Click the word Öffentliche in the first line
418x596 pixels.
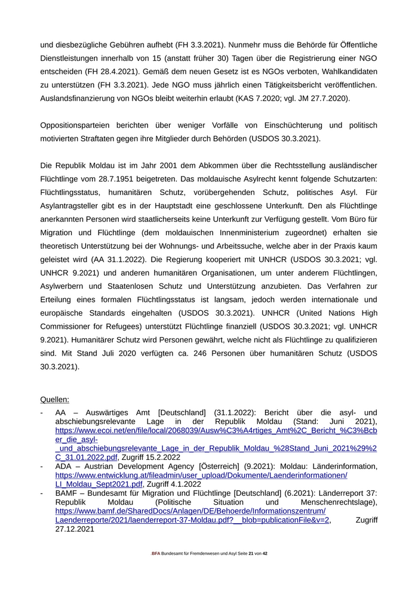[355, 45]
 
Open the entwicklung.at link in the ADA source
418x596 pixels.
[201, 475]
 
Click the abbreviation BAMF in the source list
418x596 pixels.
[67, 493]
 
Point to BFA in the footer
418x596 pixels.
[156, 554]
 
